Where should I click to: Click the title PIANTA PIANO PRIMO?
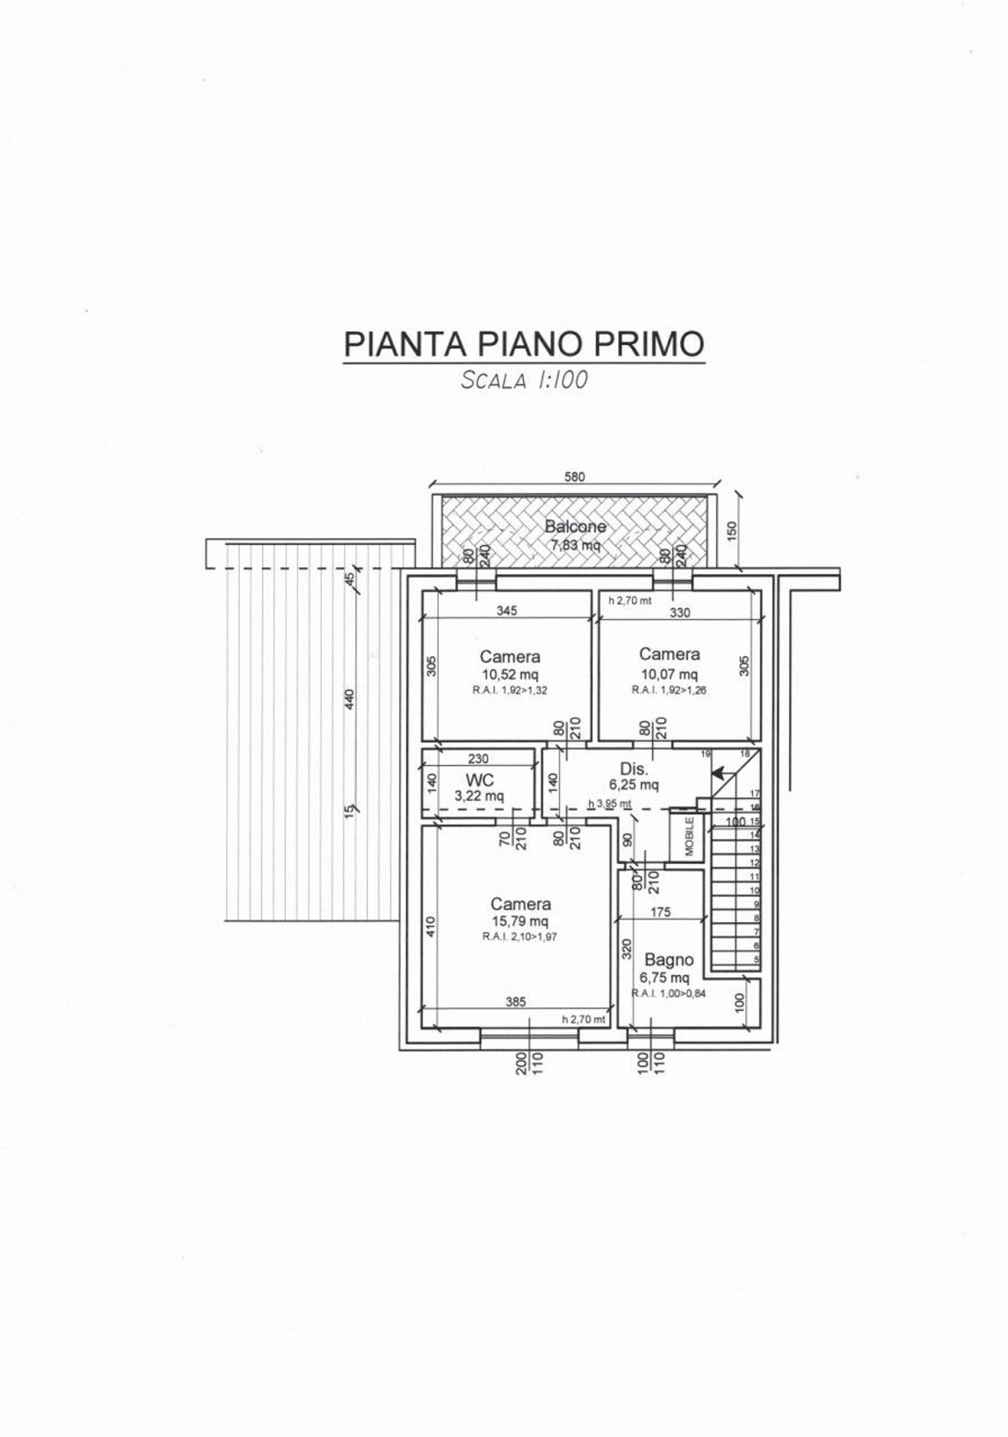(523, 343)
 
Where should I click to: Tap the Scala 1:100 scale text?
(523, 380)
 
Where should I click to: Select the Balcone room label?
(575, 526)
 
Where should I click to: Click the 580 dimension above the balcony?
(575, 477)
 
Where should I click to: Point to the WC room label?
(480, 780)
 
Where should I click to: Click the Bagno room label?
(669, 960)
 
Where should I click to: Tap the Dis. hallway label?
(633, 770)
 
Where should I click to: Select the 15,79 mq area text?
(519, 921)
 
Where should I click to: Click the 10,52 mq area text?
(509, 675)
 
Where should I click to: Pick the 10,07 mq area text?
(669, 674)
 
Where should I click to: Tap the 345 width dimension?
(507, 611)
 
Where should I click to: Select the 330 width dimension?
(679, 612)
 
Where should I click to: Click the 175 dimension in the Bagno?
(661, 912)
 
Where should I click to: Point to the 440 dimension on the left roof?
(349, 698)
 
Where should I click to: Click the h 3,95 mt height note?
(610, 803)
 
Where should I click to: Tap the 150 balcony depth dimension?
(732, 530)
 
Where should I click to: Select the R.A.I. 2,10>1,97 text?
(519, 937)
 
